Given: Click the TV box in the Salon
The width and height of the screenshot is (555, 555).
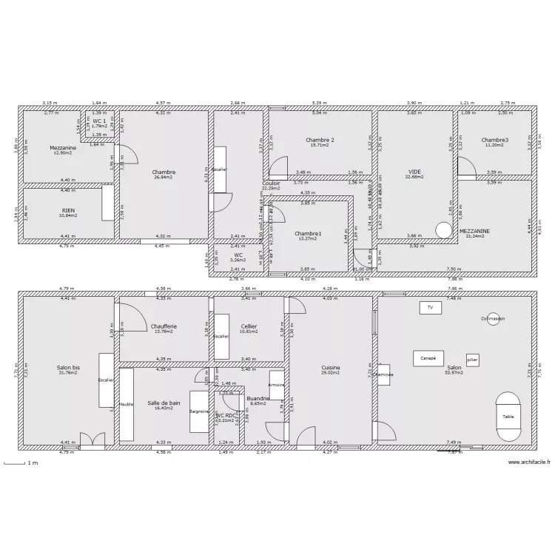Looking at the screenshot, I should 429,307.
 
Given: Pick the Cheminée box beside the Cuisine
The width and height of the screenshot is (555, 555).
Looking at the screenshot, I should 383,374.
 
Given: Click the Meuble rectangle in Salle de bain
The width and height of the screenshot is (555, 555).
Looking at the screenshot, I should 126,405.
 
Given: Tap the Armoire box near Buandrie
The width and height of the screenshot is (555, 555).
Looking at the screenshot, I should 277,385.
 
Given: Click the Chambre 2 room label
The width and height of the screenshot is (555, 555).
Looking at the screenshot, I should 320,140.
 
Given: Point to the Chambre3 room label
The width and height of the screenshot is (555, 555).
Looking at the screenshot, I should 494,140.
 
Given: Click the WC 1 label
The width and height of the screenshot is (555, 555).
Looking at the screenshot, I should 98,121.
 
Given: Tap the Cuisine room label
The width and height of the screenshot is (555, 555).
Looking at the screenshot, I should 330,368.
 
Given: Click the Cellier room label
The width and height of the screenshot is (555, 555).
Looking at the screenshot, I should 249,326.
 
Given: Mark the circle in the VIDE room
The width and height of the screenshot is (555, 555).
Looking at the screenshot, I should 443,230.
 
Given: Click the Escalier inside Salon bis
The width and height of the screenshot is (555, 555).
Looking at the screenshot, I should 106,380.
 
